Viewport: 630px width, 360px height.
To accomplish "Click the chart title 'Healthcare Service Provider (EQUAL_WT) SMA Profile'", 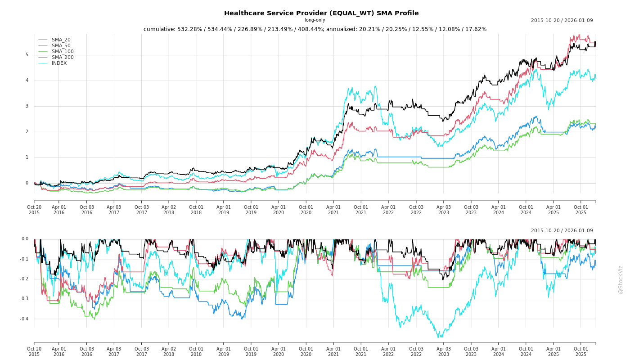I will pyautogui.click(x=321, y=13).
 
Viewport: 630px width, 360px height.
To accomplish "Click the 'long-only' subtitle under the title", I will pyautogui.click(x=315, y=20).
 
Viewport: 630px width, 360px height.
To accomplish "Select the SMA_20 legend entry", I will pyautogui.click(x=61, y=40).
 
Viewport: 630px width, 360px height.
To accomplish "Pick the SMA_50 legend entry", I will pyautogui.click(x=61, y=46).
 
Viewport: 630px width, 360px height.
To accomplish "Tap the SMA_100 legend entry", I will pyautogui.click(x=63, y=52).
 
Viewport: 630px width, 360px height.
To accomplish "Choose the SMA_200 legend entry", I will pyautogui.click(x=63, y=58).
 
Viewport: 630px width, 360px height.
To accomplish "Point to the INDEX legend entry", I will pyautogui.click(x=59, y=63).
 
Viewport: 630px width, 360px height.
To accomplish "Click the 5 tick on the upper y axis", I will pyautogui.click(x=27, y=55).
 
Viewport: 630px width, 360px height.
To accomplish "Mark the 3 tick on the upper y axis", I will pyautogui.click(x=27, y=106).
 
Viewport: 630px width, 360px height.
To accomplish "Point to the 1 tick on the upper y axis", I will pyautogui.click(x=27, y=157).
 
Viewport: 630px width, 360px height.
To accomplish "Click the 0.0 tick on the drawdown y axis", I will pyautogui.click(x=25, y=239).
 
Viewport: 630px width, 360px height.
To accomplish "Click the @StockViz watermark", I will pyautogui.click(x=621, y=279).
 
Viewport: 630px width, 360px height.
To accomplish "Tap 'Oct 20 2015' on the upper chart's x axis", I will pyautogui.click(x=34, y=210).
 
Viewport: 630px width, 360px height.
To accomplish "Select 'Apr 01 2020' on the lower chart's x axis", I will pyautogui.click(x=279, y=351).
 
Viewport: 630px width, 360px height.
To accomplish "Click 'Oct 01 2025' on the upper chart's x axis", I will pyautogui.click(x=581, y=210).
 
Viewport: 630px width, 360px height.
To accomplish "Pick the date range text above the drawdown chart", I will pyautogui.click(x=562, y=231).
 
